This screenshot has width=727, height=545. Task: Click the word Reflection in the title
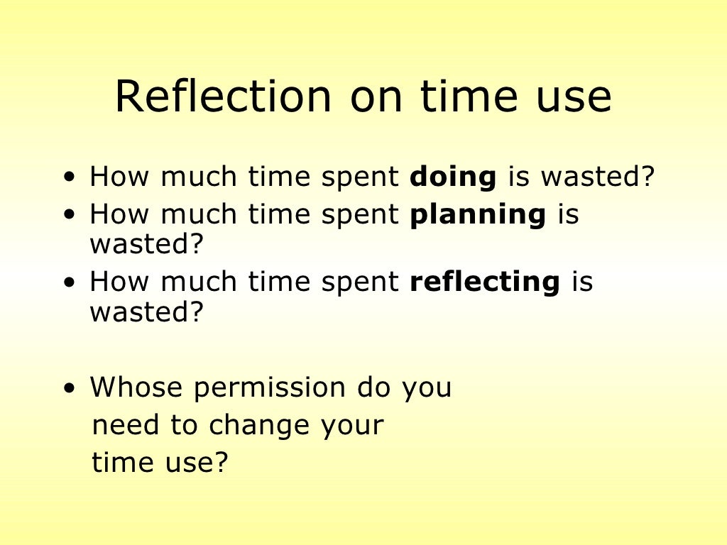[x=223, y=97]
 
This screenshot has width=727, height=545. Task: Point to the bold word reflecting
[x=485, y=282]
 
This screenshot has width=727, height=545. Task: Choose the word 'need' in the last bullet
[x=126, y=426]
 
